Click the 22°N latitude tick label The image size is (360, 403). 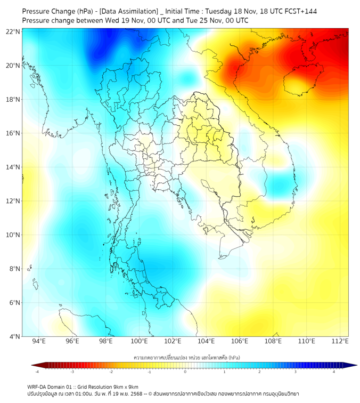pos(13,31)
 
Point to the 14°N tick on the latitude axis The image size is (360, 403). pos(13,167)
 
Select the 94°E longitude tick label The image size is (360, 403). pos(39,342)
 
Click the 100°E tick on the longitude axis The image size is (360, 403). pos(140,342)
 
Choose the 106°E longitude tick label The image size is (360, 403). pos(240,342)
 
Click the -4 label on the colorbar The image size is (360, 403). pos(37,372)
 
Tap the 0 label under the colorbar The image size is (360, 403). pos(185,372)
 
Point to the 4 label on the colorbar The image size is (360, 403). pos(334,372)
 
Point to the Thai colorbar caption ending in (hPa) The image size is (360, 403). pos(185,356)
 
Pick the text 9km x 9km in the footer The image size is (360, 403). pos(124,386)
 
